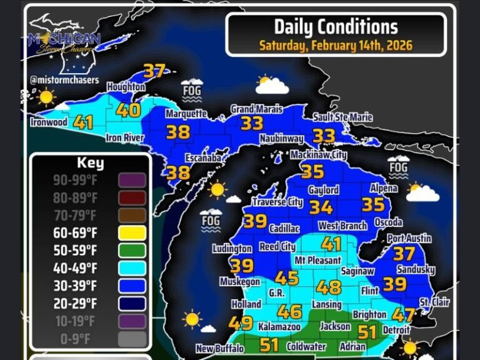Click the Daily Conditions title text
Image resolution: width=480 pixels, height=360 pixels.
[x=336, y=26]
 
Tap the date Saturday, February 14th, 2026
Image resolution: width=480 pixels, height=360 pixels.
[x=336, y=46]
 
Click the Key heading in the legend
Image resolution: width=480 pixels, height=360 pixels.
[x=90, y=164]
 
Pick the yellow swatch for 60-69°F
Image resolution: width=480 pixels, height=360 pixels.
[x=132, y=233]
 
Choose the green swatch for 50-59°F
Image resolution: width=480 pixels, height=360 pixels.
[x=132, y=251]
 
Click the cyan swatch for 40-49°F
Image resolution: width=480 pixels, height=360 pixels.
[x=132, y=268]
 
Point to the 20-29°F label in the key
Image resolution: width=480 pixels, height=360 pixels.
[x=76, y=303]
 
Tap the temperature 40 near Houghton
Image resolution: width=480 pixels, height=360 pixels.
[x=128, y=111]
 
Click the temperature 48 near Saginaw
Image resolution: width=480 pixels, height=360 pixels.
[x=329, y=287]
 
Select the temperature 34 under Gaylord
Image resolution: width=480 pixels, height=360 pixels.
[x=321, y=207]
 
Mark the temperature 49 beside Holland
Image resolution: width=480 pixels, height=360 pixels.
[x=241, y=323]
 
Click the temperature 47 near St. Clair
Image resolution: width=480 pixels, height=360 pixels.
[x=404, y=316]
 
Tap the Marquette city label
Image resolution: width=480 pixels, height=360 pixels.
[x=186, y=114]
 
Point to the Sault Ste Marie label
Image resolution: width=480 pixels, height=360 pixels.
[x=342, y=117]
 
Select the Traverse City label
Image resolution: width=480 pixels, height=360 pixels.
[x=277, y=202]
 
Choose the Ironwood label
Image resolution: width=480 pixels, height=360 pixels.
[x=48, y=122]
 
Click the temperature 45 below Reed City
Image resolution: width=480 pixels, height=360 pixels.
[x=287, y=278]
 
